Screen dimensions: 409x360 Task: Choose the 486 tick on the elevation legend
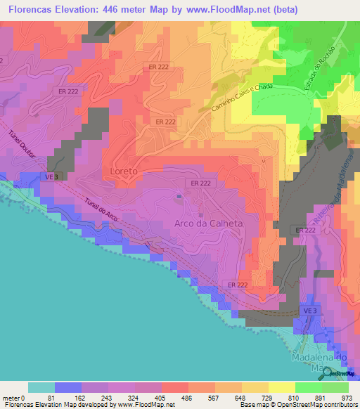(x=188, y=398)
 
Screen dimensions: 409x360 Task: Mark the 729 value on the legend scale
(x=268, y=398)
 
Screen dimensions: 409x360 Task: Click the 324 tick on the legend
(x=134, y=398)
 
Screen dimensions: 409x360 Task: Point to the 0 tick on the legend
(x=27, y=398)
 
